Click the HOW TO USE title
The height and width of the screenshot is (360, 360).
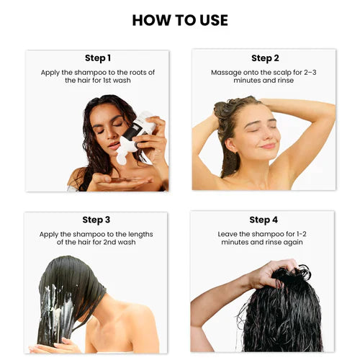coord(180,19)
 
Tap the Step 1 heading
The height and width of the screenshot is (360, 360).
coord(97,58)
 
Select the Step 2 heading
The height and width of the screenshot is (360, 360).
coord(263,58)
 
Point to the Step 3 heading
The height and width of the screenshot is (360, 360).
coord(96,220)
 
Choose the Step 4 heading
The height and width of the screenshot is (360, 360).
coord(263,220)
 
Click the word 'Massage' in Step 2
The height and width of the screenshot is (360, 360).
coord(226,72)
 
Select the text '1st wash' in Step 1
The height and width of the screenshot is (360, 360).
coord(118,81)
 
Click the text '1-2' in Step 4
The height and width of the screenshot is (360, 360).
coord(300,233)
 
